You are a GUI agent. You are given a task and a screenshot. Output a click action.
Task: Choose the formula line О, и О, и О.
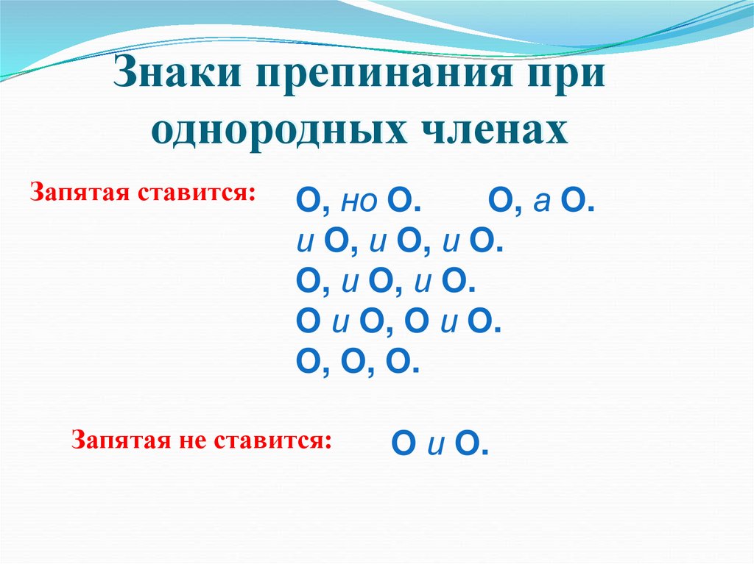(381, 280)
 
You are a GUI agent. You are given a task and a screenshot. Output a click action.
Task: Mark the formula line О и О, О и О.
(398, 321)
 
